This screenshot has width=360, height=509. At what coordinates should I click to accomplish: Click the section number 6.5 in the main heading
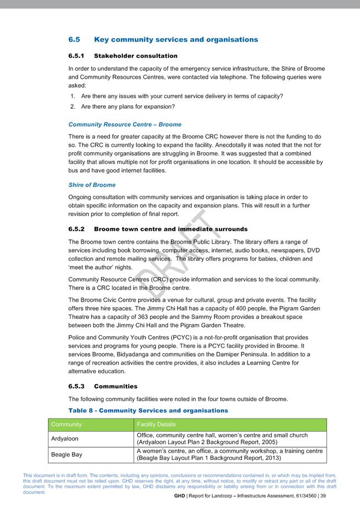pyautogui.click(x=74, y=40)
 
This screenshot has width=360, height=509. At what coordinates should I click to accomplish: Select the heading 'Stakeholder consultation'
pyautogui.click(x=136, y=56)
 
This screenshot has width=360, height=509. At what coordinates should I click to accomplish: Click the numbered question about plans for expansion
pyautogui.click(x=127, y=106)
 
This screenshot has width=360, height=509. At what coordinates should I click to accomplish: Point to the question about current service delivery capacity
pyautogui.click(x=181, y=96)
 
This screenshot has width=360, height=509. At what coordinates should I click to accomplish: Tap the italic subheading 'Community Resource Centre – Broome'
pyautogui.click(x=125, y=125)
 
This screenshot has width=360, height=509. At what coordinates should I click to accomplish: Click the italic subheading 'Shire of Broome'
pyautogui.click(x=92, y=185)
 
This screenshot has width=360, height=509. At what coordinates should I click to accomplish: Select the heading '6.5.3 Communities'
pyautogui.click(x=103, y=386)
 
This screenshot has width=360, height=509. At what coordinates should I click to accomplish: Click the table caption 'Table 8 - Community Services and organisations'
pyautogui.click(x=148, y=411)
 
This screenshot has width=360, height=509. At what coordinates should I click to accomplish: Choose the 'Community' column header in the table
pyautogui.click(x=66, y=425)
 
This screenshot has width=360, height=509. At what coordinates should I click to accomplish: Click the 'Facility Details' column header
pyautogui.click(x=156, y=425)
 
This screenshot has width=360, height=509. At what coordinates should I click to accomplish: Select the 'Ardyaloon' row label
pyautogui.click(x=66, y=439)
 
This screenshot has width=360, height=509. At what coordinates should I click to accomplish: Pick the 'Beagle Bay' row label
pyautogui.click(x=67, y=455)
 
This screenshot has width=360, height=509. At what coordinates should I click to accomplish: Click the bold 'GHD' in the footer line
pyautogui.click(x=179, y=496)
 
